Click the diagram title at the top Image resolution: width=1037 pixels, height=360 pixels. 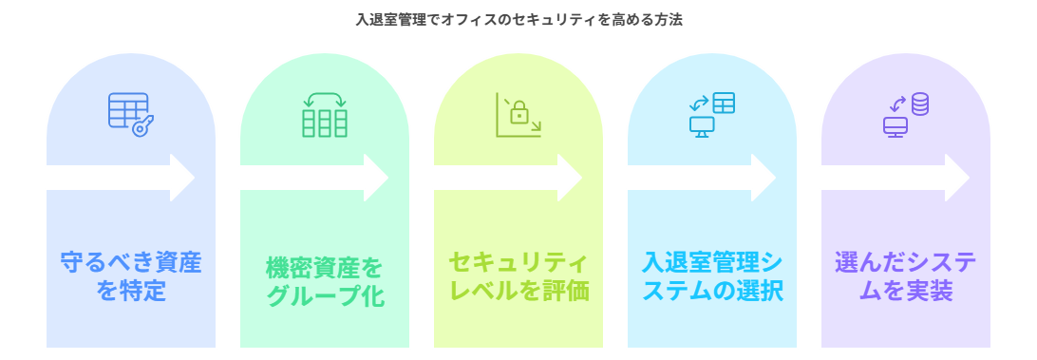point(518,19)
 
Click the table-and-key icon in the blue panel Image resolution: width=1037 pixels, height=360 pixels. point(131,114)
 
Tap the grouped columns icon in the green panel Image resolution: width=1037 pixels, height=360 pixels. point(325,115)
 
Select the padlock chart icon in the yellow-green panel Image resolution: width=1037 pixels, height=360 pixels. point(518,115)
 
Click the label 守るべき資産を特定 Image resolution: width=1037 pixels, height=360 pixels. point(131,275)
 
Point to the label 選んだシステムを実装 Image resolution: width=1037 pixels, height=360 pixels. point(906,275)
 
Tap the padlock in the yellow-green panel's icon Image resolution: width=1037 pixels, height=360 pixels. point(519,114)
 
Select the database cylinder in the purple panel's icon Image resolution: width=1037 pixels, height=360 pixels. point(919,104)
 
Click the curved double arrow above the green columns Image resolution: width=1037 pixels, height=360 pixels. point(325,98)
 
